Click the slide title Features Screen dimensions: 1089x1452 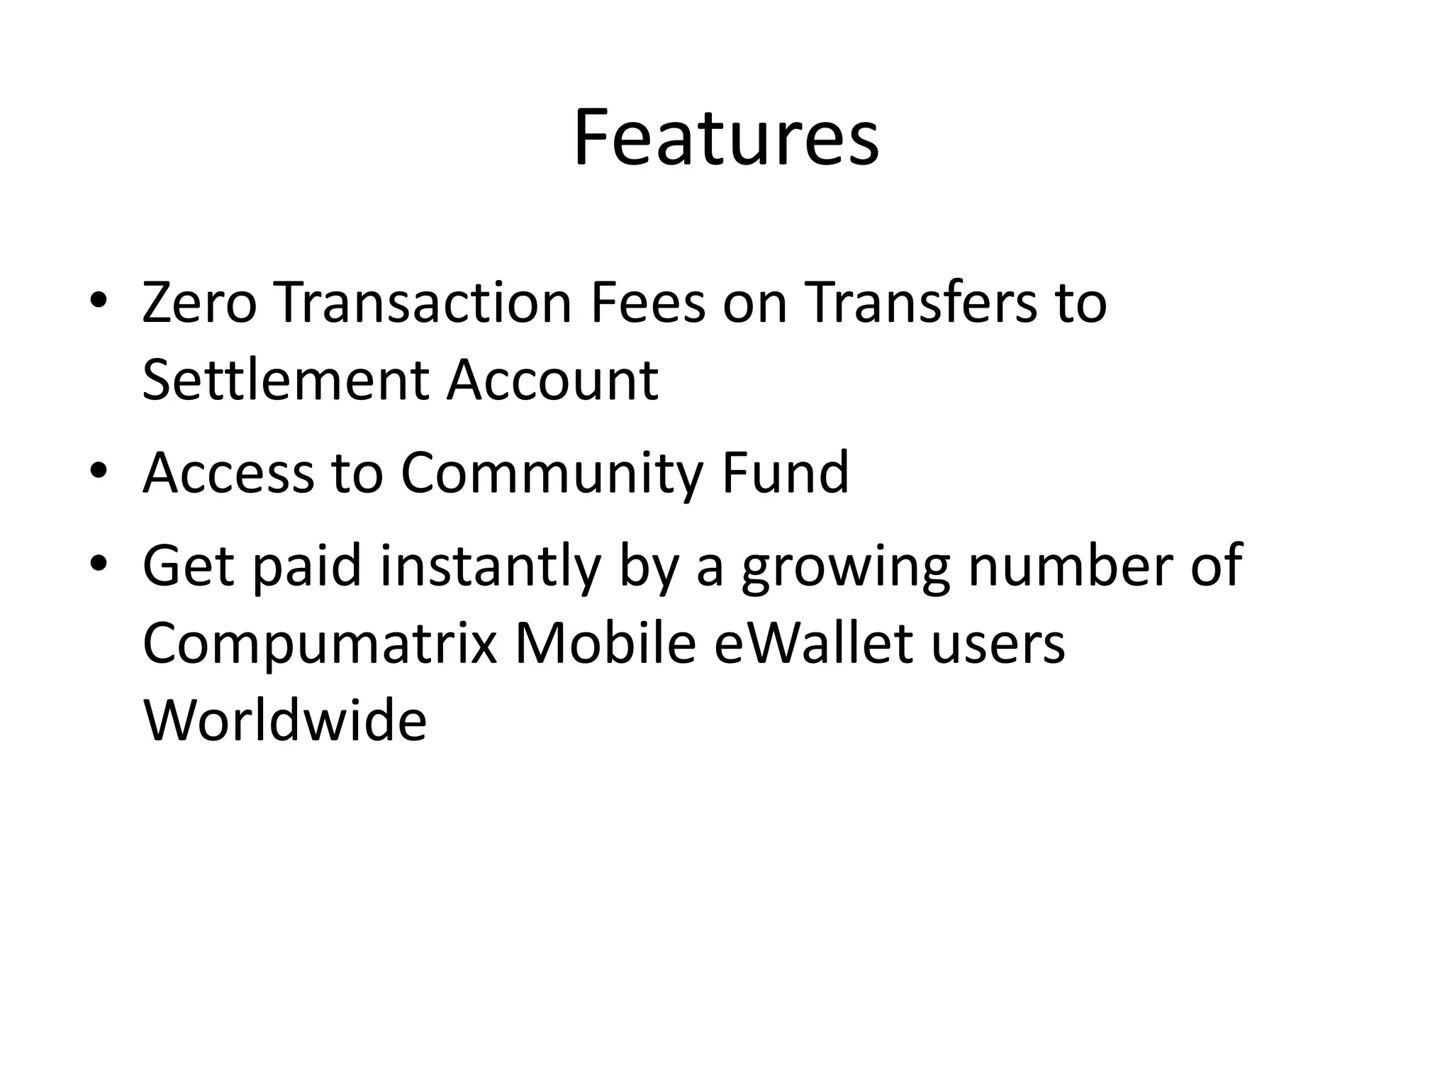[726, 138]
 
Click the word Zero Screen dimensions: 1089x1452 [199, 303]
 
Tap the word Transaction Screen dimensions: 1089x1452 [423, 303]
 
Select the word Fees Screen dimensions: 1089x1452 [647, 303]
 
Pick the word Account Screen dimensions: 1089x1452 [552, 380]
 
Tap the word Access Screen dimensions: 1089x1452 [228, 473]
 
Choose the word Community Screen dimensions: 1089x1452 [552, 473]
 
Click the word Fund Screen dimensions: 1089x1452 [785, 473]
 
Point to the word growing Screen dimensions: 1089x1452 [845, 567]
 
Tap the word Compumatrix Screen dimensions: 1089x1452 [320, 644]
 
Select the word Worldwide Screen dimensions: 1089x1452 [285, 720]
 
